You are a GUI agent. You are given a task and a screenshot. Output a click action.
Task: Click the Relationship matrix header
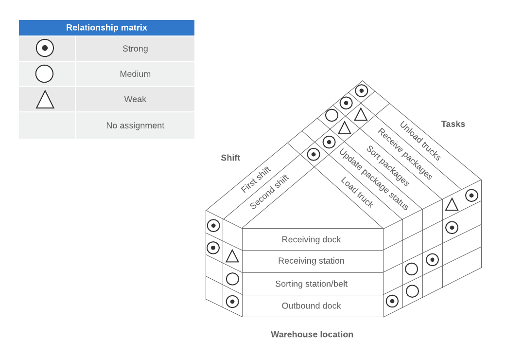[106, 28]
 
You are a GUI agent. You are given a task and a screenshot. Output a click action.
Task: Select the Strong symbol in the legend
[45, 48]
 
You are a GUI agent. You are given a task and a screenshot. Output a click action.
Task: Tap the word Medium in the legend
[135, 74]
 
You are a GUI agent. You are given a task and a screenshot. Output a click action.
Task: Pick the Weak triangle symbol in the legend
[45, 100]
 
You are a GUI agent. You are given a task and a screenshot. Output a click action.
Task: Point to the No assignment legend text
[135, 126]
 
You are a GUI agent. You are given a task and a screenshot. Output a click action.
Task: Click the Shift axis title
[230, 158]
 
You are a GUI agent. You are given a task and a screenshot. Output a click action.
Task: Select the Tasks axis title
[453, 124]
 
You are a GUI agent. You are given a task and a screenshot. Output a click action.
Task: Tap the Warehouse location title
[312, 334]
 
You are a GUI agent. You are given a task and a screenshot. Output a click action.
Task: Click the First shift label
[256, 180]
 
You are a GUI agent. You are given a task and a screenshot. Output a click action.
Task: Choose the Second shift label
[269, 192]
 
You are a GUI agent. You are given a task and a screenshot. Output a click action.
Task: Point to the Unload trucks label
[420, 141]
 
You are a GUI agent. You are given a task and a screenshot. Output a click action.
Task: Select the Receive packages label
[405, 154]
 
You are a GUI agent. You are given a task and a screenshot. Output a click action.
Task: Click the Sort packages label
[388, 166]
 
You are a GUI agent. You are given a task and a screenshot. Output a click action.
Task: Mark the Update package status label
[374, 179]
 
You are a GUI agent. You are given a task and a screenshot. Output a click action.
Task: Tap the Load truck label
[357, 193]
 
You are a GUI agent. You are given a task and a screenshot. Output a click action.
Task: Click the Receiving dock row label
[311, 239]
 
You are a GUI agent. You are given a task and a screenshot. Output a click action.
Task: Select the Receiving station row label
[311, 261]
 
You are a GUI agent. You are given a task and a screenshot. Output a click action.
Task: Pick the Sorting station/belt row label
[311, 284]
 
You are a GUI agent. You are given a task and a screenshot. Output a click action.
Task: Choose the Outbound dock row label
[311, 306]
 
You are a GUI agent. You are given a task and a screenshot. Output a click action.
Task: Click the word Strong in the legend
[135, 49]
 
